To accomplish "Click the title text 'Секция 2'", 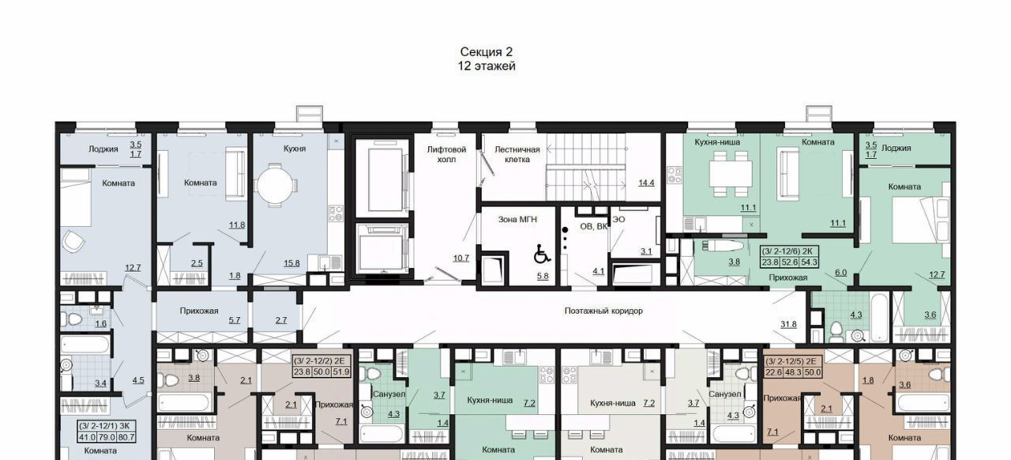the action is [486, 52].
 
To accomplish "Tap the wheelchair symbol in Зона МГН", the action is [542, 254].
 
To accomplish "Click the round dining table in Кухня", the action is [276, 185].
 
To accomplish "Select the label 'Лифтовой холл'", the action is [446, 154].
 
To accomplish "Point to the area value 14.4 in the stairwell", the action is [646, 183].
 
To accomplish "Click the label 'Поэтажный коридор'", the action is [603, 311].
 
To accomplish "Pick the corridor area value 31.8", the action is [788, 324].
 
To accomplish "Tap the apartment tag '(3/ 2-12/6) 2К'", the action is [789, 251].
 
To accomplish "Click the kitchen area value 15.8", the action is [291, 263].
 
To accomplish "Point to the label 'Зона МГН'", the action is [517, 220].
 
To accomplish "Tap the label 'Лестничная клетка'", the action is [517, 154].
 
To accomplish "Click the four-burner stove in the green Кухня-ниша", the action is [675, 175].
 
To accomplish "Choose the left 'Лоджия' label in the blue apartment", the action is [103, 149].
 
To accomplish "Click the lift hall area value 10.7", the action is [460, 258].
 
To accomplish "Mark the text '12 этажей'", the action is [487, 66].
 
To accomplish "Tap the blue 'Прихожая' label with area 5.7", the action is [199, 311].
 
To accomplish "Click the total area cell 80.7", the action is [126, 437].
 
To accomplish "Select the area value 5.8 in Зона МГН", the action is [543, 276].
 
